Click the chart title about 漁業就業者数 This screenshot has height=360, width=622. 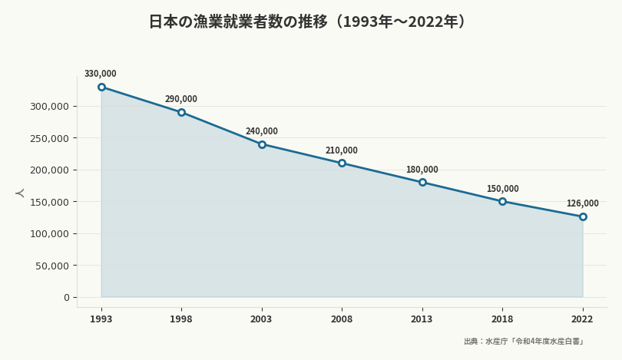[x=310, y=21]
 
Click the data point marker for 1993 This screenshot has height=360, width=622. [x=101, y=87]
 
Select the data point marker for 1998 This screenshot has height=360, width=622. [x=181, y=112]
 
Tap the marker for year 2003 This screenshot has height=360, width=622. [x=262, y=144]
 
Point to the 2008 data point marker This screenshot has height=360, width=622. [x=342, y=163]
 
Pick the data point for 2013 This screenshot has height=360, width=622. [x=422, y=182]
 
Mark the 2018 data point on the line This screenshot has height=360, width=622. [x=502, y=201]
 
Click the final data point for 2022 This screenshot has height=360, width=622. [x=583, y=216]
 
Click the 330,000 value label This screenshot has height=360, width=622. [x=101, y=74]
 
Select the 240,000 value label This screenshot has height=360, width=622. [x=262, y=131]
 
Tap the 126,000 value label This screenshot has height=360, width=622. [x=582, y=203]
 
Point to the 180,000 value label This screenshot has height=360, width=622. [x=422, y=170]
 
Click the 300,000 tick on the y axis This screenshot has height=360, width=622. [x=49, y=106]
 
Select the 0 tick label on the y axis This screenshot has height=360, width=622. [x=66, y=297]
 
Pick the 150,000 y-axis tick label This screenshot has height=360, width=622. [x=49, y=202]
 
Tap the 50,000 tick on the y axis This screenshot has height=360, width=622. [x=52, y=266]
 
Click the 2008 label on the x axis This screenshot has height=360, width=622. [x=342, y=319]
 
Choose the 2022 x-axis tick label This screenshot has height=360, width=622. [x=582, y=319]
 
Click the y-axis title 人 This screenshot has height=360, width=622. [x=20, y=193]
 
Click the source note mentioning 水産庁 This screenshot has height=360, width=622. [x=524, y=342]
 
